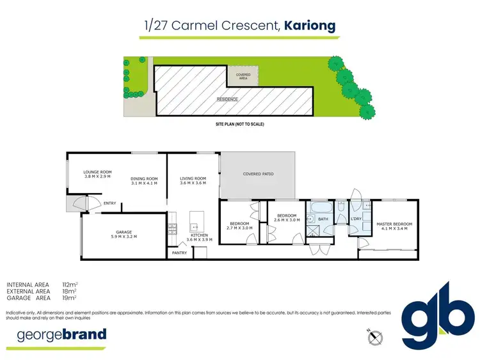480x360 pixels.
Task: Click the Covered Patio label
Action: point(258,174)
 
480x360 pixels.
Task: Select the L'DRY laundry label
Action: point(357,219)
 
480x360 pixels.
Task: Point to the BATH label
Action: point(323,219)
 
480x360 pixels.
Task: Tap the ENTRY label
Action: point(110,204)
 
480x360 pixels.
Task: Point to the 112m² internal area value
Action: point(69,284)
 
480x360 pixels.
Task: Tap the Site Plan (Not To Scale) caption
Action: point(239,123)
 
